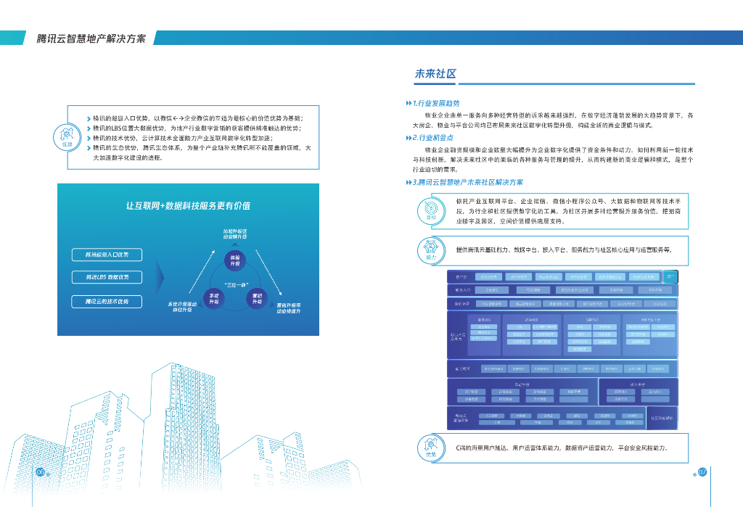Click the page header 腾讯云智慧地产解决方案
[x=91, y=38]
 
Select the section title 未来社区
[x=435, y=74]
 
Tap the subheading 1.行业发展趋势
[x=435, y=104]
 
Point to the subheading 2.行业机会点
[x=432, y=138]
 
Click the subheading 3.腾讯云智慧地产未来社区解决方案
[x=467, y=182]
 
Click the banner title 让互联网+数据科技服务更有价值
[x=188, y=206]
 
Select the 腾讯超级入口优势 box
[x=107, y=255]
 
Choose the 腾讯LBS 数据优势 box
[x=107, y=277]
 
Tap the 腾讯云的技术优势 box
[x=107, y=301]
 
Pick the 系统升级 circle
[x=213, y=299]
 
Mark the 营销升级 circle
[x=257, y=299]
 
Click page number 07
[x=702, y=472]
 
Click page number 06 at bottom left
[x=41, y=472]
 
